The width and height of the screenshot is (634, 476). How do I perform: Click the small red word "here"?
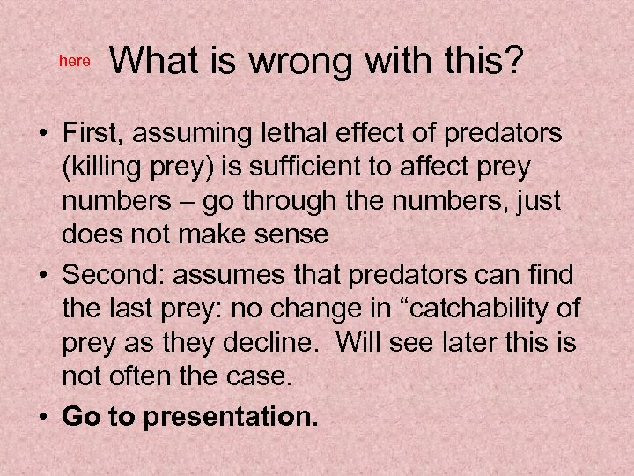click(74, 61)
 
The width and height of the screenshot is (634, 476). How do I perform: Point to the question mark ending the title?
click(513, 61)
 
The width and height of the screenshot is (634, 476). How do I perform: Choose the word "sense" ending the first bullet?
click(289, 236)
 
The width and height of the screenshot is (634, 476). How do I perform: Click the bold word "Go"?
click(80, 417)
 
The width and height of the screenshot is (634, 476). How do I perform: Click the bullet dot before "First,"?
click(42, 133)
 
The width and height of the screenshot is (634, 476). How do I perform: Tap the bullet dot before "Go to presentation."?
click(42, 417)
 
